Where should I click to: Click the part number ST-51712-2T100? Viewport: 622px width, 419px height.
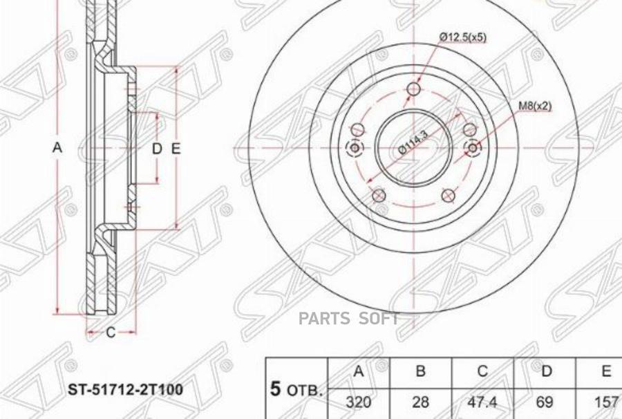click(125, 390)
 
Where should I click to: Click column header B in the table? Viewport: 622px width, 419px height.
click(420, 372)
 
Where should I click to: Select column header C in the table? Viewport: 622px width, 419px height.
click(483, 372)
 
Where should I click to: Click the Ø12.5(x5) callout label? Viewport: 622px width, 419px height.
click(464, 37)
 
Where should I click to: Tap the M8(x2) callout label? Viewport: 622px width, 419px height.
click(535, 106)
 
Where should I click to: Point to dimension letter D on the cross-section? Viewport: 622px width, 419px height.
click(157, 148)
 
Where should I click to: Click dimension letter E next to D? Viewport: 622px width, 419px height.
click(176, 148)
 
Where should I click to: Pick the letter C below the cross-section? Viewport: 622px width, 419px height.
click(111, 333)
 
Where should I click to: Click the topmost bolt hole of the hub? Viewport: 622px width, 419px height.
click(413, 89)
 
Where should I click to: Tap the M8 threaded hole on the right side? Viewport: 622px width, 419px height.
click(473, 148)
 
